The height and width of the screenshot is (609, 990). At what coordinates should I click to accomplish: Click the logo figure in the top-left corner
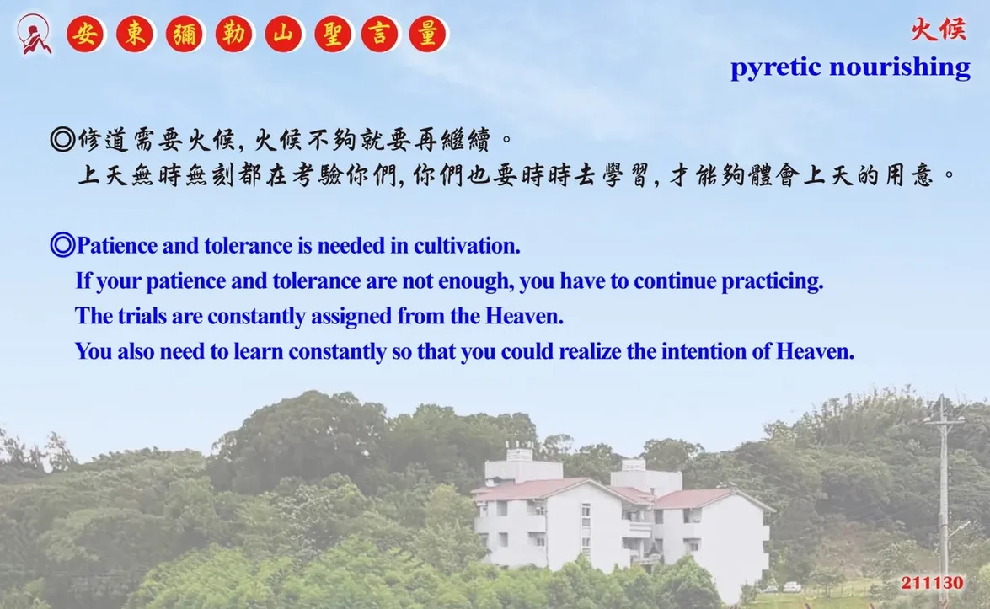tap(34, 34)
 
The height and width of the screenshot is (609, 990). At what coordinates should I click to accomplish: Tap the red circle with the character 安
tap(85, 34)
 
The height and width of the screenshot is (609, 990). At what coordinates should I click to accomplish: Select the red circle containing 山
tap(283, 34)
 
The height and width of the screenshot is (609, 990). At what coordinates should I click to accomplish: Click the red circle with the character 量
tap(427, 34)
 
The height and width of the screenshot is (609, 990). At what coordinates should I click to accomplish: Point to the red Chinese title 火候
tap(939, 29)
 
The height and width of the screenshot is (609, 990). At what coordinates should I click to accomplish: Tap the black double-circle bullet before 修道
tap(62, 139)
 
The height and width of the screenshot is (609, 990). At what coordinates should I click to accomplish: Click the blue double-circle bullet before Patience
tap(62, 245)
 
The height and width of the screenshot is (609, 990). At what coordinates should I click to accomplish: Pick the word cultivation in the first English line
tap(467, 245)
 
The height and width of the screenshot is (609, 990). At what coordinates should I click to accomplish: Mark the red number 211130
tap(932, 583)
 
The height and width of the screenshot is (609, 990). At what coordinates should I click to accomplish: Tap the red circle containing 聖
tap(332, 34)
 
